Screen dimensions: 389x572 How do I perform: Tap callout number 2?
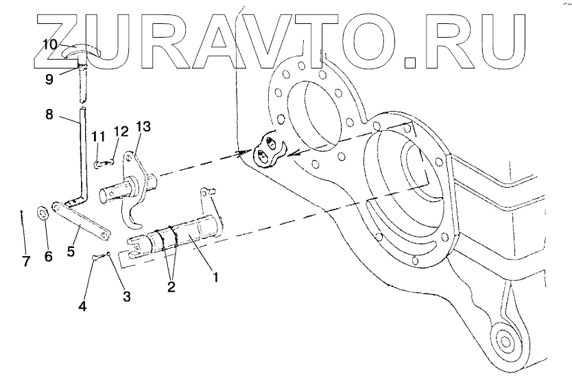click(171, 286)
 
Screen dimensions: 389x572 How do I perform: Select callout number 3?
click(127, 296)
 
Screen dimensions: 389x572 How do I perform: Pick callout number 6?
click(48, 257)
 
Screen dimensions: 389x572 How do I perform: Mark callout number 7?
click(26, 262)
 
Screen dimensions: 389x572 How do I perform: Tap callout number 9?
click(49, 78)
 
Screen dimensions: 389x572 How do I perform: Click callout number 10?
click(49, 44)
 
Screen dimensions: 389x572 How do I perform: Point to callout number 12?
click(120, 131)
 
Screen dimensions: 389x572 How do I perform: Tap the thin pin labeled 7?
click(23, 229)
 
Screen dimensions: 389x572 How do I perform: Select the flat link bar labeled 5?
click(80, 221)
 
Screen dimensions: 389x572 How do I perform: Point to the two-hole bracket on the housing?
click(269, 151)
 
